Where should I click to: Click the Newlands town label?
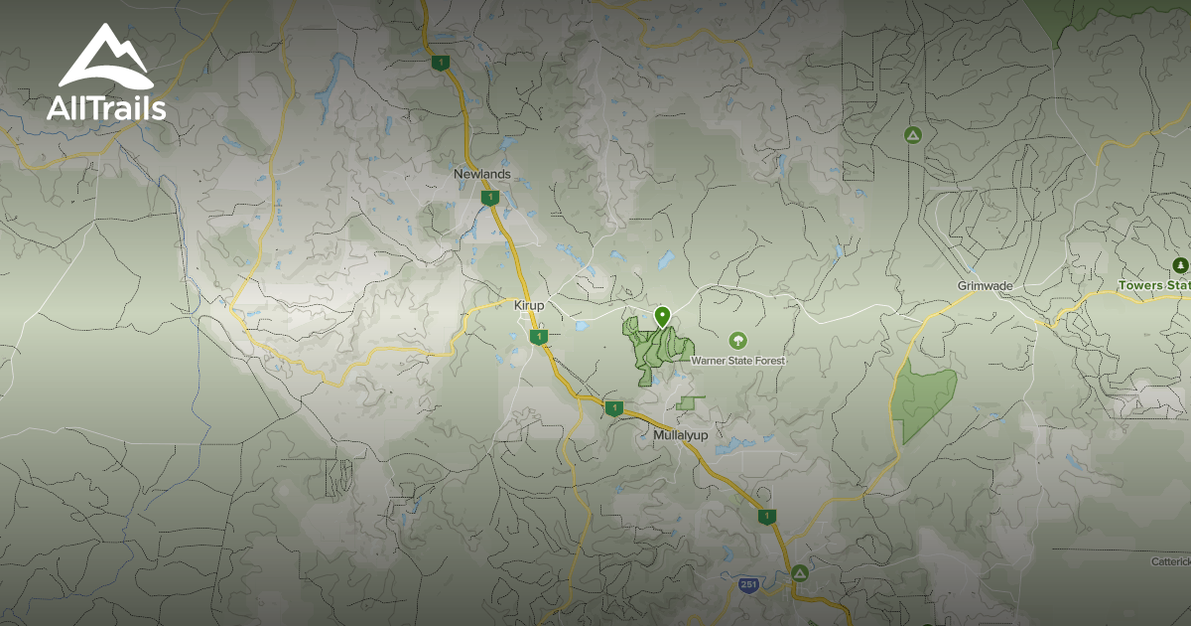482,174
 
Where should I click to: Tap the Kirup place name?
529,305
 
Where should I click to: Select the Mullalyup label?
685,435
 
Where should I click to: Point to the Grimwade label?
985,286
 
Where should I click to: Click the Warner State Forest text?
737,361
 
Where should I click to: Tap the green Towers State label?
1153,286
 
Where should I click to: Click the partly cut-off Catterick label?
1170,561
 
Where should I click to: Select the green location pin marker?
662,317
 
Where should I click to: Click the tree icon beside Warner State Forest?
737,341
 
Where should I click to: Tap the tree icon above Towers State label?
1180,265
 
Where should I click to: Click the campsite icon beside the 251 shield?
800,573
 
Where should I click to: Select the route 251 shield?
749,584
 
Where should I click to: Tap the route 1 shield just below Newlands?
489,198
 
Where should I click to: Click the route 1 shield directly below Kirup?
538,338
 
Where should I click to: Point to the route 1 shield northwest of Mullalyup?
613,407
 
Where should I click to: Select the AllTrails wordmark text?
106,108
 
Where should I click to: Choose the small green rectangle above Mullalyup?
687,403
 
